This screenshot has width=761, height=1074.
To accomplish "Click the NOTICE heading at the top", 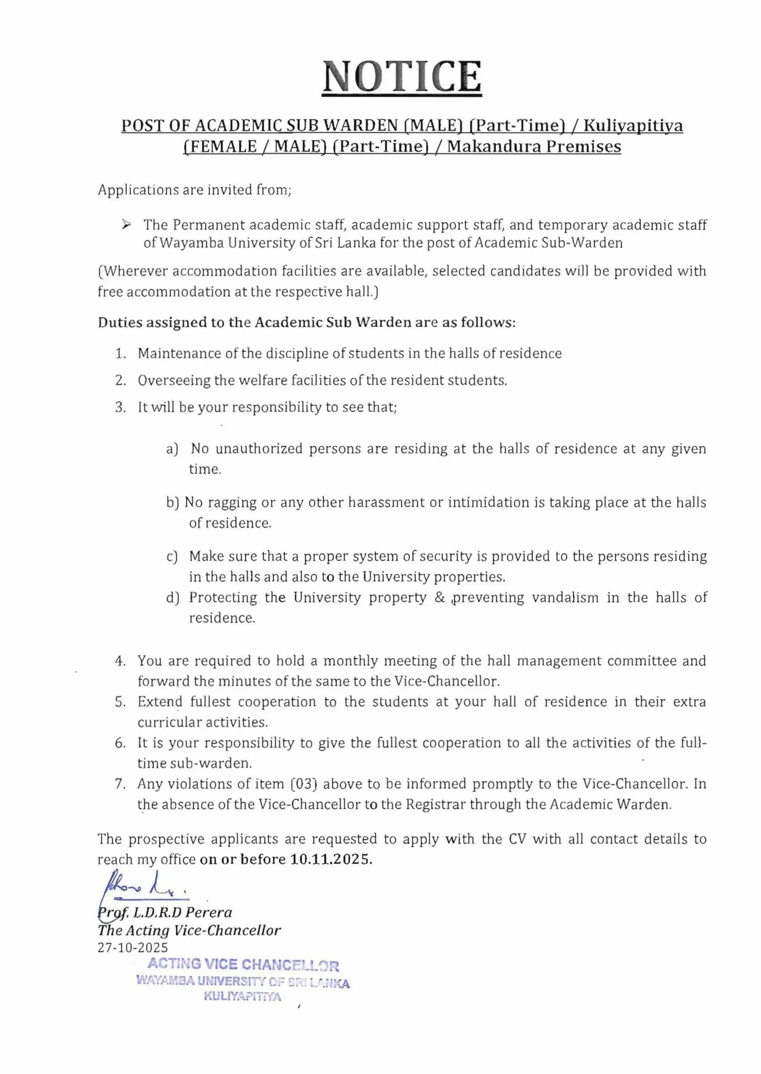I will [x=402, y=76].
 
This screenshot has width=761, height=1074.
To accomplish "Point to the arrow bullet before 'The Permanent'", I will [x=126, y=225].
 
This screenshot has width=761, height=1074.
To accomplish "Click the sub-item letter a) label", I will [x=172, y=449].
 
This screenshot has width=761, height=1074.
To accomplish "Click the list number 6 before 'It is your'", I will [x=120, y=743].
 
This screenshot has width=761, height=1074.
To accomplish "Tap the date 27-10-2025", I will [x=133, y=948].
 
